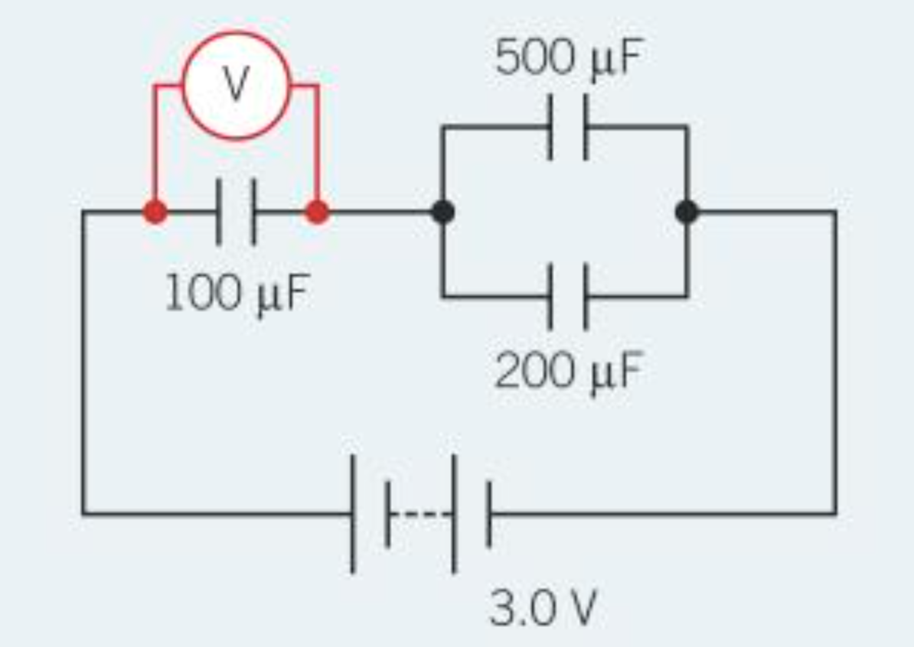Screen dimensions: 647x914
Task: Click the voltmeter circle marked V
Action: (x=236, y=85)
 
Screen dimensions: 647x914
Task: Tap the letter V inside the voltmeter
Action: (x=236, y=86)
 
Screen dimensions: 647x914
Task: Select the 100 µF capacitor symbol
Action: (x=236, y=212)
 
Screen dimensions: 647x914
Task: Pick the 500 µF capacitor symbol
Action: (x=567, y=127)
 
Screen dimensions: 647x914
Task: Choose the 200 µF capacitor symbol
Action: (x=567, y=296)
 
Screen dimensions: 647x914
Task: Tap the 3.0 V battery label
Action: (x=542, y=609)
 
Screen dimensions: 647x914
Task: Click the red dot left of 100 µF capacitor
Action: (x=155, y=212)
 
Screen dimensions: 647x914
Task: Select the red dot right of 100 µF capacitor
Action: (x=317, y=212)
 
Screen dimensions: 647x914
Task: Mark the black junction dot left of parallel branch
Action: (x=442, y=212)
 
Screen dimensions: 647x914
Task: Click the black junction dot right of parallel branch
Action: (x=687, y=212)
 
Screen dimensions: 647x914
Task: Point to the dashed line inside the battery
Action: (x=421, y=513)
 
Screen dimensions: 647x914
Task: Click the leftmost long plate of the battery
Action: (x=353, y=513)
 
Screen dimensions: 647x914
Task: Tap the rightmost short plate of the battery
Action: (x=488, y=513)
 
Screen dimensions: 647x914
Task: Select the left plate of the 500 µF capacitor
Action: (x=550, y=127)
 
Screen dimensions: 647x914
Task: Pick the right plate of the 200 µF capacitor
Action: (x=585, y=296)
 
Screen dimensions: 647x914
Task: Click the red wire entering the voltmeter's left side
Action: (x=168, y=86)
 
